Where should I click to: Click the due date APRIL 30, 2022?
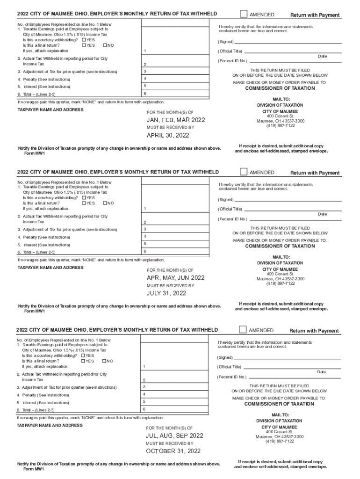pyautogui.click(x=168, y=136)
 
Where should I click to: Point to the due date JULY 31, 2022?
pyautogui.click(x=166, y=293)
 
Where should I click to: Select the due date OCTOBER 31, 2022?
pyautogui.click(x=173, y=451)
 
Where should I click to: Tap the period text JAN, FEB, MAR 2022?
pyautogui.click(x=176, y=120)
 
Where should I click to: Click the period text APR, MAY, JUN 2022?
pyautogui.click(x=176, y=278)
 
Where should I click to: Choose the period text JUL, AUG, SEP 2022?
pyautogui.click(x=174, y=435)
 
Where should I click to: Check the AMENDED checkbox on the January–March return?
pyautogui.click(x=243, y=14)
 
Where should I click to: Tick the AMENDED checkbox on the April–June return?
pyautogui.click(x=243, y=172)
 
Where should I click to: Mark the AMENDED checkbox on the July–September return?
pyautogui.click(x=243, y=329)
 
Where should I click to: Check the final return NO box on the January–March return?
pyautogui.click(x=105, y=45)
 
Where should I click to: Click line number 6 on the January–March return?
pyautogui.click(x=145, y=94)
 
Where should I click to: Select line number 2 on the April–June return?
pyautogui.click(x=145, y=222)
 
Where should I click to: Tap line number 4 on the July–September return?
pyautogui.click(x=144, y=394)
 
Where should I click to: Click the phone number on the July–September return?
pyautogui.click(x=280, y=441)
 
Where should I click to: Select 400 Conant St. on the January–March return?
pyautogui.click(x=281, y=116)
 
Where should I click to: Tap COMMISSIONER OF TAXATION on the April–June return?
pyautogui.click(x=281, y=246)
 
